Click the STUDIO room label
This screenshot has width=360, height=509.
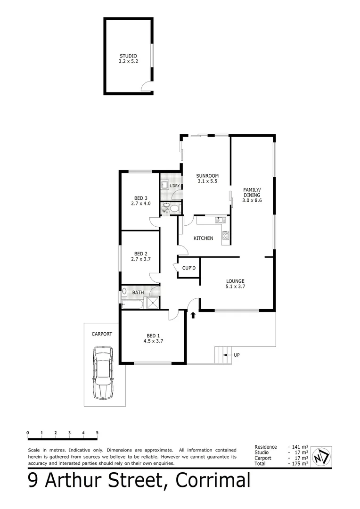(128, 56)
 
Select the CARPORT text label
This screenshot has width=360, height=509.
(102, 334)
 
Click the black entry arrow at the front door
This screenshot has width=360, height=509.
(192, 315)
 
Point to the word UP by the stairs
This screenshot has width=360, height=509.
(237, 354)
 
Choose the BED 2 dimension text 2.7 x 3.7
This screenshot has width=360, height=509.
(141, 259)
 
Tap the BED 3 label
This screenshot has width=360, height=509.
(141, 198)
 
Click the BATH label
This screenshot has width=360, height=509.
(138, 292)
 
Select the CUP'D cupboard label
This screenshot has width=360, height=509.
(189, 269)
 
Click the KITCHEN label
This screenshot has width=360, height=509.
(204, 238)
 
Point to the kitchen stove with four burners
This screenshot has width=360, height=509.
(225, 235)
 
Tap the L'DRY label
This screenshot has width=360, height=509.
(175, 186)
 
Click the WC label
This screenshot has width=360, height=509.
(165, 211)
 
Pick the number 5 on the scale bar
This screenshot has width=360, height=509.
(97, 432)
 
